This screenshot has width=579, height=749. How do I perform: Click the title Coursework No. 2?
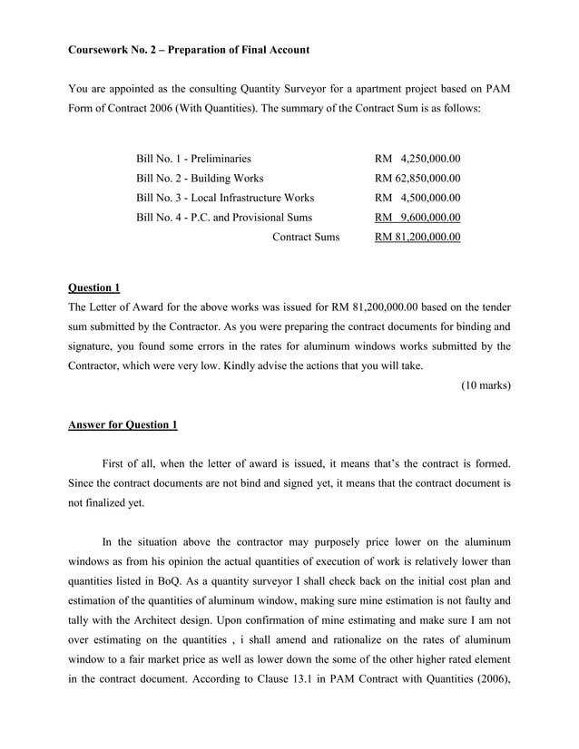coord(189,49)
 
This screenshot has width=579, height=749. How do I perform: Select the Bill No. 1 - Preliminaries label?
coord(194,158)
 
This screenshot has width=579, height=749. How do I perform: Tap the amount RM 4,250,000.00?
coord(417,158)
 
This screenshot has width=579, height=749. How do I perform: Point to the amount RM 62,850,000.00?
coord(417,178)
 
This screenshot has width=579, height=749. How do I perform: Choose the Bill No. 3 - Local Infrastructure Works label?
coord(225,198)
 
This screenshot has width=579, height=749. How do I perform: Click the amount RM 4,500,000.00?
coord(417,198)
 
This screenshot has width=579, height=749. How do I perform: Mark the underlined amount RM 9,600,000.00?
coord(417,218)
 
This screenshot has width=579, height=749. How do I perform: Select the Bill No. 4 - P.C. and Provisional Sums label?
coord(223,218)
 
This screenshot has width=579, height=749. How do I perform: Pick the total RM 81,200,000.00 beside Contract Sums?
coord(417,238)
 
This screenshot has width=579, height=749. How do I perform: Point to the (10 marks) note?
coord(486,385)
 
